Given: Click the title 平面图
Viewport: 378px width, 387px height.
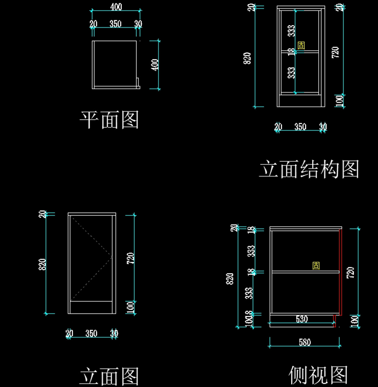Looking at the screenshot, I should tap(109, 120).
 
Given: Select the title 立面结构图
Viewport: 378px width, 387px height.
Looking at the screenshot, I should tap(309, 169).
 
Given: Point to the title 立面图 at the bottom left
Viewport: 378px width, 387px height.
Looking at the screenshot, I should tap(109, 376).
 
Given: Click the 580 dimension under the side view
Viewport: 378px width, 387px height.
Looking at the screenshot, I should tap(305, 342).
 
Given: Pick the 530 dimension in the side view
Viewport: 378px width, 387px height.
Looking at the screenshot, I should tap(301, 319).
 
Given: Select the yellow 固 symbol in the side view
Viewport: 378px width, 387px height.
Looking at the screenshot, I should tap(316, 265).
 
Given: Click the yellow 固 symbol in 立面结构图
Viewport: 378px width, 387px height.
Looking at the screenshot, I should tap(301, 45).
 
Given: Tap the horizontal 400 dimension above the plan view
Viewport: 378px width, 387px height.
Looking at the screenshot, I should tap(116, 7).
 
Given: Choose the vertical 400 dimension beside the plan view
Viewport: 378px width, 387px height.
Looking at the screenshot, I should tap(155, 65).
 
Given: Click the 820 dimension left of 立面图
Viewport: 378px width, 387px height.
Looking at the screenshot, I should tap(43, 264).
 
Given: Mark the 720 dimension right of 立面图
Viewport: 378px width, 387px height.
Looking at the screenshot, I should tap(130, 258).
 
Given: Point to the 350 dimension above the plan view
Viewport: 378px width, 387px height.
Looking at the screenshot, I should tap(115, 24).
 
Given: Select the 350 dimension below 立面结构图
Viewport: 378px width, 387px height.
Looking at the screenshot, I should tap(300, 127).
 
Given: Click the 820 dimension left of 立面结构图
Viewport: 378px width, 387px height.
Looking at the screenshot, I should tap(248, 58).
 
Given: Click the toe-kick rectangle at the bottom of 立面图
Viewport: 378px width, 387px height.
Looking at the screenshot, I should tap(91, 307).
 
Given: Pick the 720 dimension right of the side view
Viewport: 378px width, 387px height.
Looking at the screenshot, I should tap(350, 272).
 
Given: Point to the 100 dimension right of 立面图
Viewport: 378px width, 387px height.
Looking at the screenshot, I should tap(130, 307).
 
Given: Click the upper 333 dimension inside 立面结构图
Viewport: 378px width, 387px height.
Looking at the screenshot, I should tap(292, 31).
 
